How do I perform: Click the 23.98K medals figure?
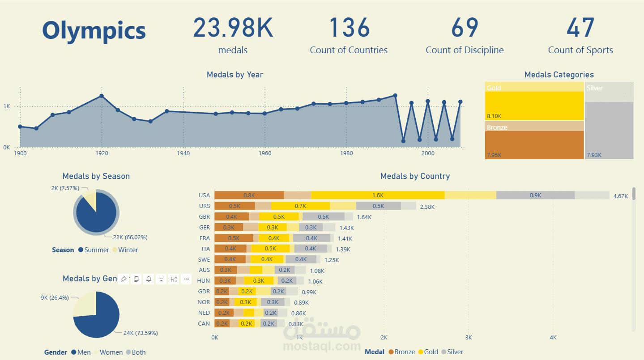pyautogui.click(x=233, y=28)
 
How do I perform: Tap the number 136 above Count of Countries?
pyautogui.click(x=349, y=28)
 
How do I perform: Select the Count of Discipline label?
pyautogui.click(x=465, y=50)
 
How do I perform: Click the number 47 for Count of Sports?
pyautogui.click(x=580, y=28)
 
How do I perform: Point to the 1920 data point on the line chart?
pyautogui.click(x=102, y=96)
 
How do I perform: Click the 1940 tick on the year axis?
pyautogui.click(x=183, y=153)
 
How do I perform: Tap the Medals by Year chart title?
pyautogui.click(x=235, y=75)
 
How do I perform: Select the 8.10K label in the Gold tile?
pyautogui.click(x=494, y=116)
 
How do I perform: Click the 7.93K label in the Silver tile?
pyautogui.click(x=594, y=155)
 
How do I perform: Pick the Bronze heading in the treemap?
pyautogui.click(x=497, y=127)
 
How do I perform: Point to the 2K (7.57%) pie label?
pyautogui.click(x=65, y=188)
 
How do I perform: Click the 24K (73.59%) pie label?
pyautogui.click(x=141, y=333)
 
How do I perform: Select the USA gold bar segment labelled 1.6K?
pyautogui.click(x=378, y=195)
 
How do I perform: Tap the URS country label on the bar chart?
pyautogui.click(x=204, y=206)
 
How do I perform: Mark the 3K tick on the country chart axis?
pyautogui.click(x=469, y=337)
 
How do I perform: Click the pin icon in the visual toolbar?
pyautogui.click(x=124, y=279)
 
